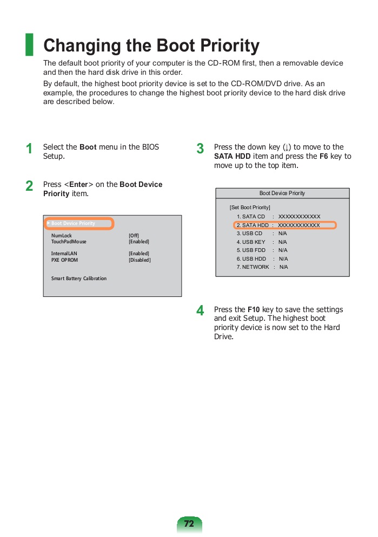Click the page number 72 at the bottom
tap(189, 524)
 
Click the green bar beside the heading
tap(29, 44)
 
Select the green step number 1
tap(30, 149)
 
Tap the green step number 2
tap(30, 186)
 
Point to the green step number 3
tap(200, 149)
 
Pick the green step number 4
tap(200, 311)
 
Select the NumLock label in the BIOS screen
tap(62, 236)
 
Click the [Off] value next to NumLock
tap(134, 236)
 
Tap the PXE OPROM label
tap(64, 260)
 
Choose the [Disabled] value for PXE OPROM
tap(140, 260)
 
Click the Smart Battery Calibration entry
tap(79, 279)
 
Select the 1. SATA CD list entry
tap(251, 217)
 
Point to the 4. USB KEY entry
tap(251, 242)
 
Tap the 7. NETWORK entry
tap(253, 267)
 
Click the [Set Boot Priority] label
tap(250, 208)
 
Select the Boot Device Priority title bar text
tap(282, 193)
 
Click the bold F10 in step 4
tap(254, 310)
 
